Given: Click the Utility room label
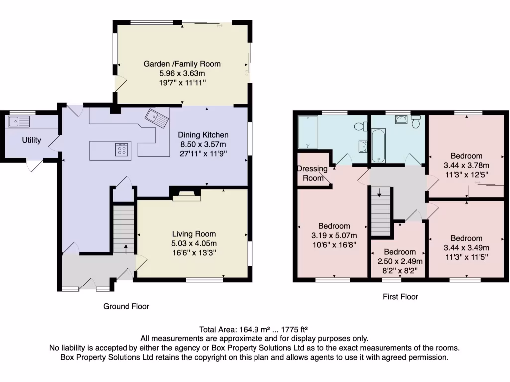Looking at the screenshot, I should pos(31,141).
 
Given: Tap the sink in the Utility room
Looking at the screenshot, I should pos(19,121).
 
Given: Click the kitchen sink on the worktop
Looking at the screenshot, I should pos(157,118).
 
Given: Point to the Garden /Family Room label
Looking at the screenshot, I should pos(182,64).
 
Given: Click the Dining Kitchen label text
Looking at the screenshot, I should pos(203,135).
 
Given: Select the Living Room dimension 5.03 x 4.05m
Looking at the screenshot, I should pos(194,243).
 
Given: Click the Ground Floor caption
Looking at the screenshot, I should pos(126,306).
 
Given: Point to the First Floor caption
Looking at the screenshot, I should pos(400,297).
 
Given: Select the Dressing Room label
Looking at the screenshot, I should pos(313,173).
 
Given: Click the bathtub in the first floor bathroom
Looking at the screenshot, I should pos(379,145).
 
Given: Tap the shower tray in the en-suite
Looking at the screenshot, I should pos(308,132).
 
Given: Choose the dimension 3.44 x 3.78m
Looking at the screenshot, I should pos(467,165).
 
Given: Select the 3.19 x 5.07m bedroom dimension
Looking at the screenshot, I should pos(334,235).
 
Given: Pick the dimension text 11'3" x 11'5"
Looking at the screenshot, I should pos(467,257).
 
